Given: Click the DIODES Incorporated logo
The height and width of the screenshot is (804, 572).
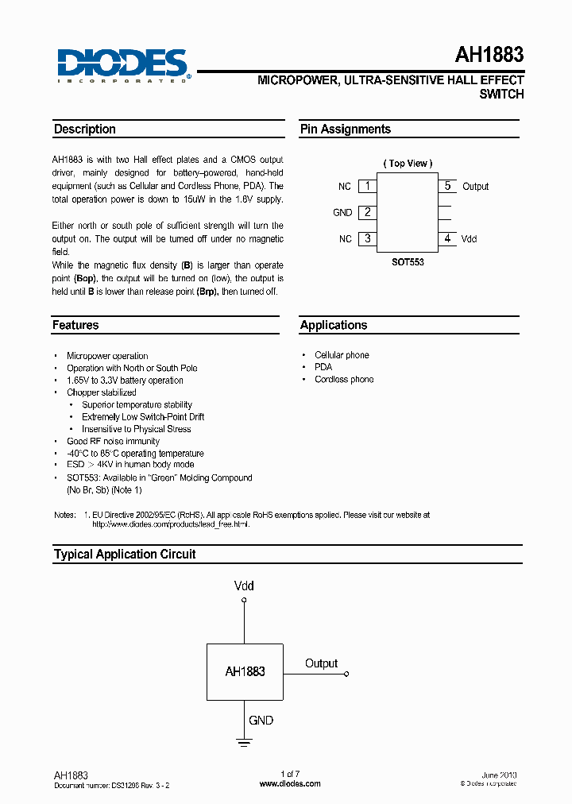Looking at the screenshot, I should pyautogui.click(x=122, y=64).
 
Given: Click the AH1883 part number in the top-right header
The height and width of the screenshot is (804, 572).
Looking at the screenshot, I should pyautogui.click(x=489, y=55).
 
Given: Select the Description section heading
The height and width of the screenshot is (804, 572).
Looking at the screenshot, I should pyautogui.click(x=84, y=129).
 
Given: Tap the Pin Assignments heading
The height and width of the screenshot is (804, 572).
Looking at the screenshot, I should pyautogui.click(x=345, y=129).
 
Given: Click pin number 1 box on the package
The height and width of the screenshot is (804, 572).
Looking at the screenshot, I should pyautogui.click(x=366, y=186).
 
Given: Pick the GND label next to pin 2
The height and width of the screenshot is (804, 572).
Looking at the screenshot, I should pyautogui.click(x=342, y=213).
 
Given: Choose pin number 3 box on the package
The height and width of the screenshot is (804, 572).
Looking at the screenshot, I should pyautogui.click(x=366, y=238).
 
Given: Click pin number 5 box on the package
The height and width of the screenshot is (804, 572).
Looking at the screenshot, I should pyautogui.click(x=447, y=186).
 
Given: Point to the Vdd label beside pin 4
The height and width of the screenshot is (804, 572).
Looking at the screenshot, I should pyautogui.click(x=469, y=238).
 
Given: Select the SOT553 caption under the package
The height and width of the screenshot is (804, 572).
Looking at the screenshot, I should pyautogui.click(x=408, y=261).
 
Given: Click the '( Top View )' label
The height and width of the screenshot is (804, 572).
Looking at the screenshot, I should pyautogui.click(x=408, y=164).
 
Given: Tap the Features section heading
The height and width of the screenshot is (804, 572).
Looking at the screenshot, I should pyautogui.click(x=75, y=325).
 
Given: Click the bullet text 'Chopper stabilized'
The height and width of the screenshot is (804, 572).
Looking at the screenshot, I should pyautogui.click(x=102, y=392).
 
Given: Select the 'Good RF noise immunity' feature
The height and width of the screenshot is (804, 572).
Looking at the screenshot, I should pyautogui.click(x=113, y=441).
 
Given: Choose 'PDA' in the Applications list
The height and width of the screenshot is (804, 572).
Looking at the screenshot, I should pyautogui.click(x=323, y=367).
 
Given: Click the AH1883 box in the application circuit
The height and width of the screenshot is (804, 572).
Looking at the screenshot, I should pyautogui.click(x=245, y=671).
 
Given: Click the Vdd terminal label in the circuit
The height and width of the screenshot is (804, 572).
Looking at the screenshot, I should pyautogui.click(x=244, y=586).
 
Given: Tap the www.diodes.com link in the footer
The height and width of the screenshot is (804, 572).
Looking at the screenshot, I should pyautogui.click(x=291, y=783).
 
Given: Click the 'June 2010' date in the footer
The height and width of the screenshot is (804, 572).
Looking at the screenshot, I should pyautogui.click(x=499, y=775).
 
